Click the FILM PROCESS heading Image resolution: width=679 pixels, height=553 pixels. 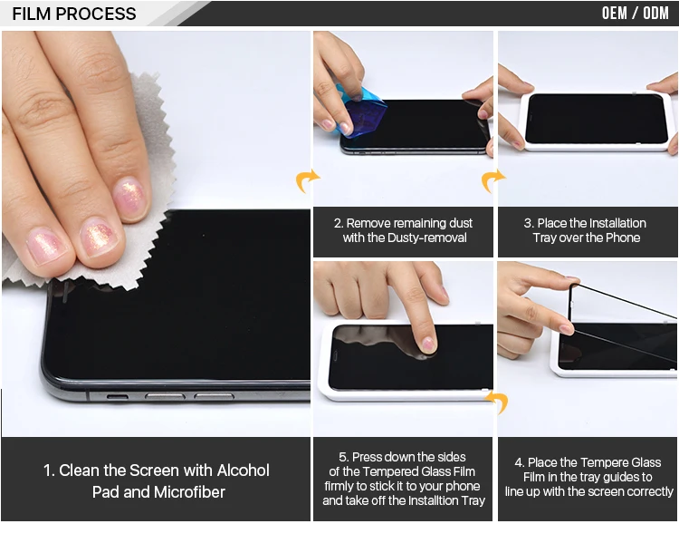(74, 14)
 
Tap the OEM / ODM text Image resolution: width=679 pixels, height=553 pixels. (636, 13)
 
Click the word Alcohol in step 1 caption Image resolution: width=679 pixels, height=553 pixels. (244, 471)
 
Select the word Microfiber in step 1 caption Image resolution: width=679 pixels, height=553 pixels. (189, 492)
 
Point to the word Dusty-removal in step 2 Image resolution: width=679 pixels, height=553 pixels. (427, 238)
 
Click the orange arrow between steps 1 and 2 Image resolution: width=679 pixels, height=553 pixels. (307, 180)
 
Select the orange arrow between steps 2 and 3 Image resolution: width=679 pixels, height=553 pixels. (492, 180)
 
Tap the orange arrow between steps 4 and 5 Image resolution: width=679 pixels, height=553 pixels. (497, 402)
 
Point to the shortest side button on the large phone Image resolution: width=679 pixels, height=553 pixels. (118, 397)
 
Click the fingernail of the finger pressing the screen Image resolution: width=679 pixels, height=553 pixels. (429, 344)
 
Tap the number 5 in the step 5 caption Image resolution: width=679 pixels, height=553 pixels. (344, 457)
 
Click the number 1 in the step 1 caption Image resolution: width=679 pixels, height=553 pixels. (48, 471)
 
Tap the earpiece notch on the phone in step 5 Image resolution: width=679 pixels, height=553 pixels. (335, 357)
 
